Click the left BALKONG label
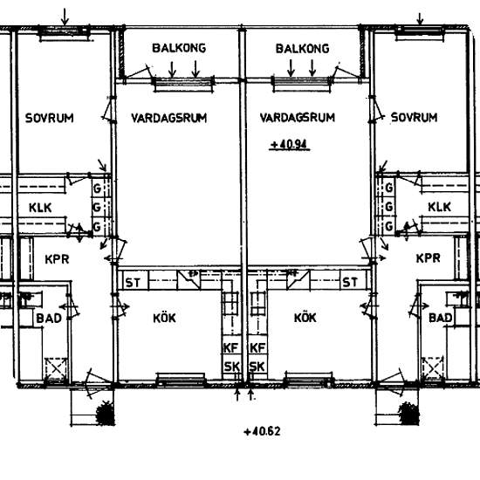[179, 48]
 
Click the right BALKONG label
[303, 49]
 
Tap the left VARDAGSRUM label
[169, 118]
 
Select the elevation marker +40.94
[289, 145]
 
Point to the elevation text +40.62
[262, 432]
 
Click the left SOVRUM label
[49, 118]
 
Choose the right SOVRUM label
[414, 117]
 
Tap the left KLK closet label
[40, 208]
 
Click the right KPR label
[428, 258]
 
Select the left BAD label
[49, 319]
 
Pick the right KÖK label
[305, 318]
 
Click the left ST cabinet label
[133, 283]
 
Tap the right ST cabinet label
[350, 282]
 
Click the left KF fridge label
[230, 348]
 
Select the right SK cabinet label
[257, 367]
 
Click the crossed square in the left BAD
[56, 369]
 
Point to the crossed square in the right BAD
[433, 368]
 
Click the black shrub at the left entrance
[106, 414]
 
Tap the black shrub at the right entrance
[409, 414]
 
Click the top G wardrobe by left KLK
[97, 189]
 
